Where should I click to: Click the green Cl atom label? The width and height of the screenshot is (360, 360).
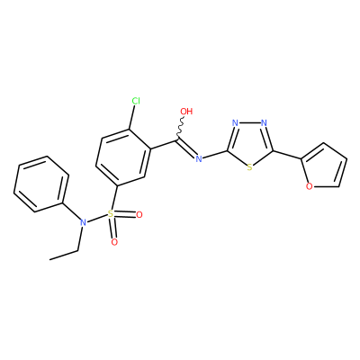136,101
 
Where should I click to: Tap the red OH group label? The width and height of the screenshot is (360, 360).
186,112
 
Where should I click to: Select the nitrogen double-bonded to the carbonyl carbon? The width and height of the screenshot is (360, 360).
198,158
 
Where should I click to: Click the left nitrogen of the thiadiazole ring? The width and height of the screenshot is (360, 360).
235,123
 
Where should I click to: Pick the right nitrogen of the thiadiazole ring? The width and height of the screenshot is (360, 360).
264,123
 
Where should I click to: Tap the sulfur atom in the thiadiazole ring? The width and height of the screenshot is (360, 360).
249,167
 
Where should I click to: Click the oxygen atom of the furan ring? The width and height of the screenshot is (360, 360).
310,186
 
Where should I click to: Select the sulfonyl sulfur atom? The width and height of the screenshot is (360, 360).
111,214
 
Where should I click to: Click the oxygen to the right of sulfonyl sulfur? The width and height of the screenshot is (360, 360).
139,215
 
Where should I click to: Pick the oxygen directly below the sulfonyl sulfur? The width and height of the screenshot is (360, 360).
114,242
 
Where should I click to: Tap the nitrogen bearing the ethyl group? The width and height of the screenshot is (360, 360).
83,222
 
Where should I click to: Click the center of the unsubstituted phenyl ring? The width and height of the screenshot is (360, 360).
41,184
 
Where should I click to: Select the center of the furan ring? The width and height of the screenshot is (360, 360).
324,167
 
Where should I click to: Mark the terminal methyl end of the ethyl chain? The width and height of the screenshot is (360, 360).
49,259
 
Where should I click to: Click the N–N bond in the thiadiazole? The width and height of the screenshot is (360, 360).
249,123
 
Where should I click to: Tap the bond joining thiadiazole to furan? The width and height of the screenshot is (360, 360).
287,154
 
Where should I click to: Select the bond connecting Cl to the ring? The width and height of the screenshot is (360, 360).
132,118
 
